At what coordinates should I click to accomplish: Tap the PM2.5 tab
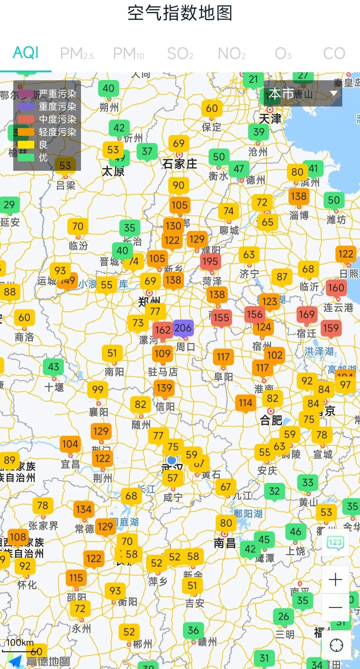click(77, 53)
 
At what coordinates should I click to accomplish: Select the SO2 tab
click(180, 53)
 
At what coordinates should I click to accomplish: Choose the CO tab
click(334, 53)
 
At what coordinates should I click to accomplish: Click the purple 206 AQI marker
click(183, 328)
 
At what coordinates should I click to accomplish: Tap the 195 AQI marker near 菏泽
click(210, 261)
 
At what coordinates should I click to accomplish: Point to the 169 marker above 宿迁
click(307, 314)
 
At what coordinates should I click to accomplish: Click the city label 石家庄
click(180, 164)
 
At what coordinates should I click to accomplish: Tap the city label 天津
click(270, 118)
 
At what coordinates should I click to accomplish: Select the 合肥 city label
click(271, 420)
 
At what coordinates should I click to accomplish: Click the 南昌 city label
click(225, 543)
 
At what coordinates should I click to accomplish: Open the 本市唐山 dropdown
click(303, 94)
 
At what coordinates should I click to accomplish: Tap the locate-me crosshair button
click(336, 645)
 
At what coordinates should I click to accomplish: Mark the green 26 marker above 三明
click(283, 616)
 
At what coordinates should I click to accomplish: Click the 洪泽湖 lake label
click(319, 351)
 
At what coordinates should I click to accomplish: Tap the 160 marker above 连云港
click(336, 287)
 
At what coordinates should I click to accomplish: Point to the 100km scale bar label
click(20, 642)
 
